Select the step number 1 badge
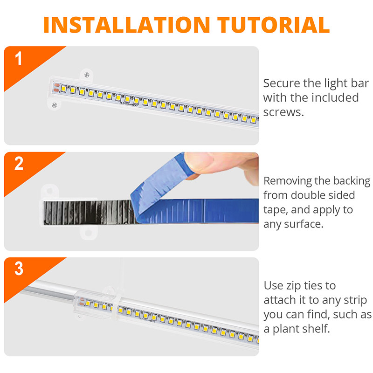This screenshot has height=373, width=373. (19, 59)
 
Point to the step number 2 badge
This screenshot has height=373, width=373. (19, 164)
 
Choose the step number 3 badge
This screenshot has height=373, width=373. (19, 269)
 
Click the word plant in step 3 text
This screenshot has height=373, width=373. (286, 329)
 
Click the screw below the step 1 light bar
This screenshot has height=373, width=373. (55, 105)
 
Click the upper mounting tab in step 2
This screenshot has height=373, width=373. (48, 191)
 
